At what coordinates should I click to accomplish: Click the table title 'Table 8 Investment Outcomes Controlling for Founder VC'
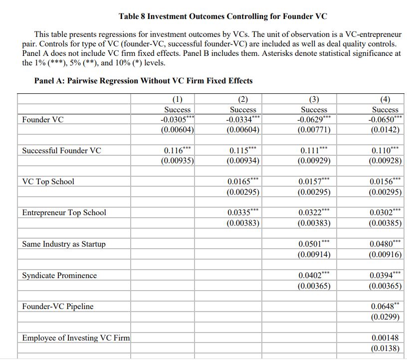(x=222, y=16)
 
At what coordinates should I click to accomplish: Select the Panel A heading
(x=143, y=81)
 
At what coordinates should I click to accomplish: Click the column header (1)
(x=177, y=99)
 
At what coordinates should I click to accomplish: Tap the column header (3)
(x=314, y=99)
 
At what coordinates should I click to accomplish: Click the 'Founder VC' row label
(x=43, y=120)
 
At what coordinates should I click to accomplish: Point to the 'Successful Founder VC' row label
(x=61, y=151)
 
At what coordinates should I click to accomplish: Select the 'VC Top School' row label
(x=48, y=182)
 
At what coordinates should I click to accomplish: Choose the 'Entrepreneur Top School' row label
(x=64, y=213)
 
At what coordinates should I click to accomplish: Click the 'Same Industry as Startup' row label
(x=64, y=244)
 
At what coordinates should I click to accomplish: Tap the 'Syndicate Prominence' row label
(x=59, y=276)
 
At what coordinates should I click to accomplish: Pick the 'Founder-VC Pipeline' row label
(x=58, y=307)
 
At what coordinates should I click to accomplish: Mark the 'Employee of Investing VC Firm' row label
(x=76, y=338)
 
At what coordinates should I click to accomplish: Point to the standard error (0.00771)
(x=314, y=130)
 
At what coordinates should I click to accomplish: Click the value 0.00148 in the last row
(x=385, y=338)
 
